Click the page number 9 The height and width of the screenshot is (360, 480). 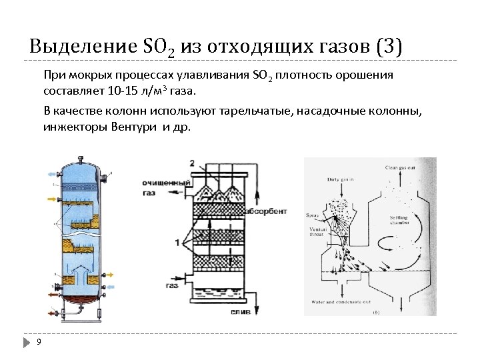pyautogui.click(x=39, y=341)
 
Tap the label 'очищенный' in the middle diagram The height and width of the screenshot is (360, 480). pyautogui.click(x=158, y=180)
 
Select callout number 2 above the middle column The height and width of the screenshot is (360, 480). pyautogui.click(x=192, y=163)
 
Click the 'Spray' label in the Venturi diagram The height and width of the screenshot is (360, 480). pyautogui.click(x=311, y=215)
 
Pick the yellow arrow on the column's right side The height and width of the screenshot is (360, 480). pyautogui.click(x=107, y=274)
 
